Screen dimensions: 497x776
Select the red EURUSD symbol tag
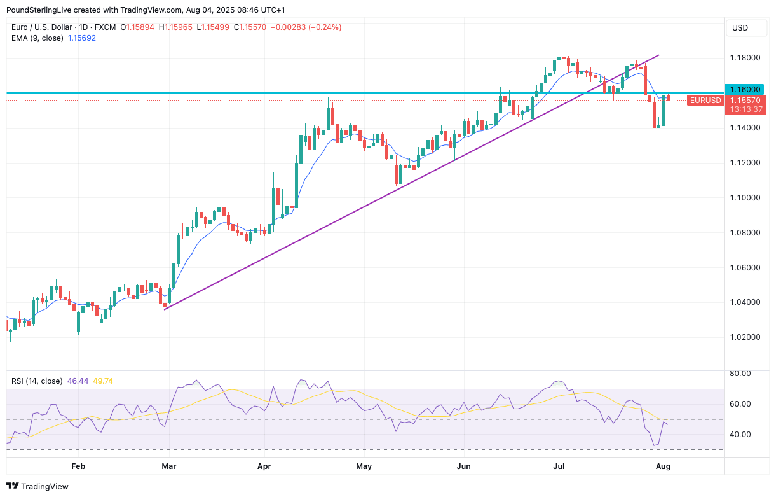point(705,101)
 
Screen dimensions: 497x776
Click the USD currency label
point(740,27)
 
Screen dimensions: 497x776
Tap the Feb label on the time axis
point(78,466)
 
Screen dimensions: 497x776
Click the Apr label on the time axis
point(264,466)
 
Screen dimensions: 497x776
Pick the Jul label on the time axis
point(559,466)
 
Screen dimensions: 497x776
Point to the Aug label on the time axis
point(662,466)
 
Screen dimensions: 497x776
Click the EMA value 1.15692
point(82,38)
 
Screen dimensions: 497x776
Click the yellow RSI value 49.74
point(103,381)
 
